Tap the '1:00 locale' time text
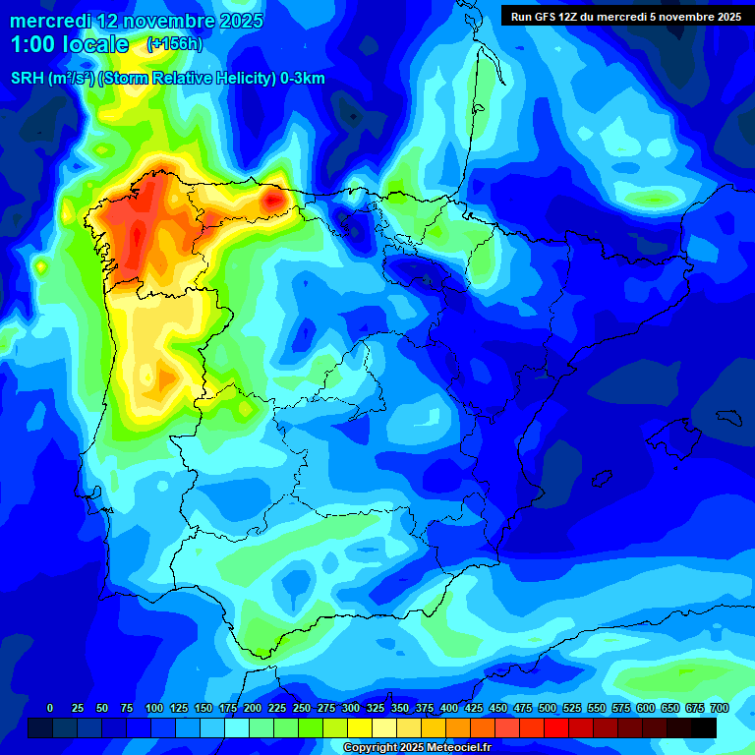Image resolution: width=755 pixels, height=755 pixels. (70, 44)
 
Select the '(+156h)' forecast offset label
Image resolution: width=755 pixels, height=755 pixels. (174, 43)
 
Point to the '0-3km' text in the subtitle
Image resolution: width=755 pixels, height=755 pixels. (302, 79)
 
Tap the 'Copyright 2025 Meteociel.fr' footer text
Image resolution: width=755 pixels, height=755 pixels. (417, 748)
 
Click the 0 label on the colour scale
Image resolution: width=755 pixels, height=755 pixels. (50, 708)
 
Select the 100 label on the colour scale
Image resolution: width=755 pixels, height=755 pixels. (153, 708)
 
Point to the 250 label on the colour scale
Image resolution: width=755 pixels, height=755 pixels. (301, 708)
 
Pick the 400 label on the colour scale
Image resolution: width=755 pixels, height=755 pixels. (449, 708)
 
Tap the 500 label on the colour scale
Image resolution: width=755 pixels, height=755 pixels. (548, 708)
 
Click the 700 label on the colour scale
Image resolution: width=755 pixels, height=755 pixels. (720, 708)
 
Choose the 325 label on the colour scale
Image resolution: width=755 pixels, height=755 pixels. (376, 708)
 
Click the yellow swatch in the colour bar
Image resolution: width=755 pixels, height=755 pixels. (360, 727)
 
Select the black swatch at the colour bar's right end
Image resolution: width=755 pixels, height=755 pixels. (704, 727)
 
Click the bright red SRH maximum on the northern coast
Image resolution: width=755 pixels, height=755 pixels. (273, 200)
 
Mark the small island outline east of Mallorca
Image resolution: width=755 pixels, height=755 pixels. (728, 417)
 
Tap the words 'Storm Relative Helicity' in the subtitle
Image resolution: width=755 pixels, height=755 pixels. (187, 79)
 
